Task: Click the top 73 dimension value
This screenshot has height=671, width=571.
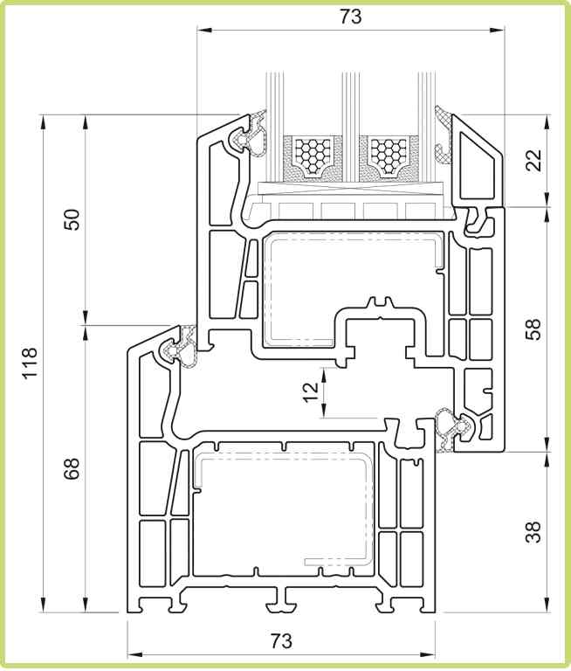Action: tap(351, 17)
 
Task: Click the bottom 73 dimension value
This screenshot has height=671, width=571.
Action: tap(281, 640)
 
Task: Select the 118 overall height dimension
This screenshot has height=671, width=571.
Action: tap(31, 363)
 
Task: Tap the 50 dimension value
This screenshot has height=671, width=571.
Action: tap(72, 219)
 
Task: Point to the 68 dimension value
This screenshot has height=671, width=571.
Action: tap(72, 468)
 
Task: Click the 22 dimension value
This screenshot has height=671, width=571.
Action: tap(533, 160)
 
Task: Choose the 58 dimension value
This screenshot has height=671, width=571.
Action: tap(533, 329)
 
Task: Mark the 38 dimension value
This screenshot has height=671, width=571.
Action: tap(533, 532)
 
